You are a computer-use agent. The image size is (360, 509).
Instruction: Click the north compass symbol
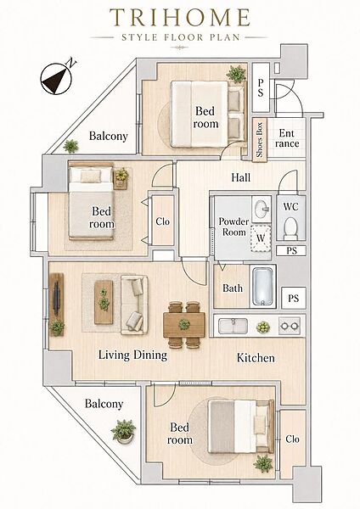click(56, 79)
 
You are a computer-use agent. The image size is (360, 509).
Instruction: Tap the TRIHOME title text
click(180, 18)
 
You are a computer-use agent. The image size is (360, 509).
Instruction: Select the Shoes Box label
click(259, 140)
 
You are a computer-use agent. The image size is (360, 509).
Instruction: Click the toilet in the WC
click(290, 228)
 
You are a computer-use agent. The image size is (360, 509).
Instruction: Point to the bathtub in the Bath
click(262, 286)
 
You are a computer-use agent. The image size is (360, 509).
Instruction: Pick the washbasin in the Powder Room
click(262, 209)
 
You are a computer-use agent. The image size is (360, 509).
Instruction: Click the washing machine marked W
click(261, 238)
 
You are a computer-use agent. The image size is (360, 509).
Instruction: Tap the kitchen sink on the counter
click(233, 326)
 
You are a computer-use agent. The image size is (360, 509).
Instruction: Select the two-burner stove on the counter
click(290, 326)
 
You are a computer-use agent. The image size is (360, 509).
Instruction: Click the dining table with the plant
click(184, 325)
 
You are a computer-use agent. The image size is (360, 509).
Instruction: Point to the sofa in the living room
click(134, 305)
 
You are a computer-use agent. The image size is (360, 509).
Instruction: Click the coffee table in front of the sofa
click(104, 302)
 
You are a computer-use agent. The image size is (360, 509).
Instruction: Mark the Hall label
click(241, 177)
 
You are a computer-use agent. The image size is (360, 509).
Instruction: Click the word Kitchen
click(256, 358)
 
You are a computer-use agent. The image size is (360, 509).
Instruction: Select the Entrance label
click(287, 138)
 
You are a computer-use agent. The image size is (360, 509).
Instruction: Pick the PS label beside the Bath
click(293, 298)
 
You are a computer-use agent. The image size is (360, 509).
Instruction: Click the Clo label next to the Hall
click(162, 221)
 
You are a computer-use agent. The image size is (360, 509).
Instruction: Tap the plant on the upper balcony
click(70, 146)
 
